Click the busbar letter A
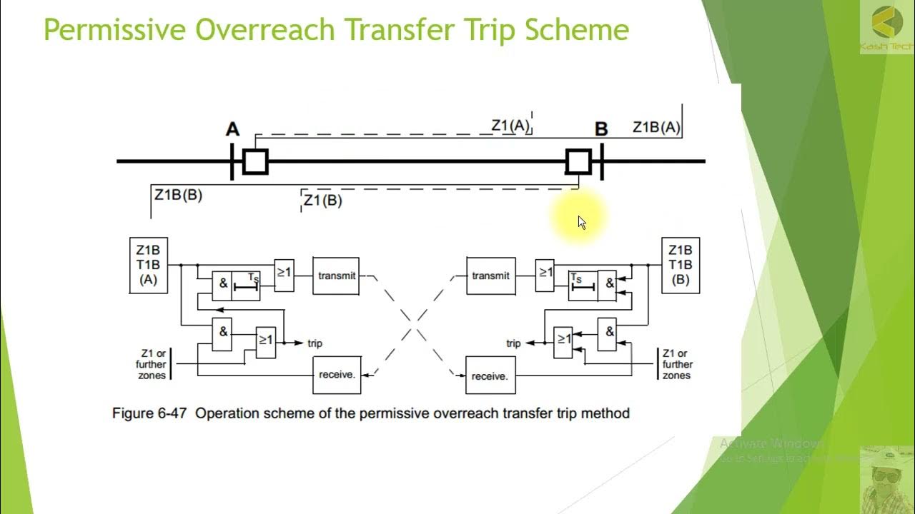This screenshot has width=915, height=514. [232, 129]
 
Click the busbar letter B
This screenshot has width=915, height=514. [601, 129]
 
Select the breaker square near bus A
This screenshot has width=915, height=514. [255, 161]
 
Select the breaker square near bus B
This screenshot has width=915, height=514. [578, 161]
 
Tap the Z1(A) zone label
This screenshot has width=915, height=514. [510, 126]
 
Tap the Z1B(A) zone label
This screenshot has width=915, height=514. [656, 127]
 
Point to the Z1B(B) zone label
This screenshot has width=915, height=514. [178, 194]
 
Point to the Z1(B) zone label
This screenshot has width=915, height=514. [322, 201]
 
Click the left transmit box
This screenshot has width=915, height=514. [336, 276]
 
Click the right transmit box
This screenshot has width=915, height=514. [490, 276]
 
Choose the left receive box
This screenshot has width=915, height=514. [337, 374]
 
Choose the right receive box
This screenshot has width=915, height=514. [490, 376]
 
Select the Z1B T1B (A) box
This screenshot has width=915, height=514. [148, 265]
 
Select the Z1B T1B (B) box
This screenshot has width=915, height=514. [680, 265]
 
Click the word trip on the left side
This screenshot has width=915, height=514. [315, 343]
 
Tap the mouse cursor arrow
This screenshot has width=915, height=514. [581, 221]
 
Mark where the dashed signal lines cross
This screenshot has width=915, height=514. [413, 325]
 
